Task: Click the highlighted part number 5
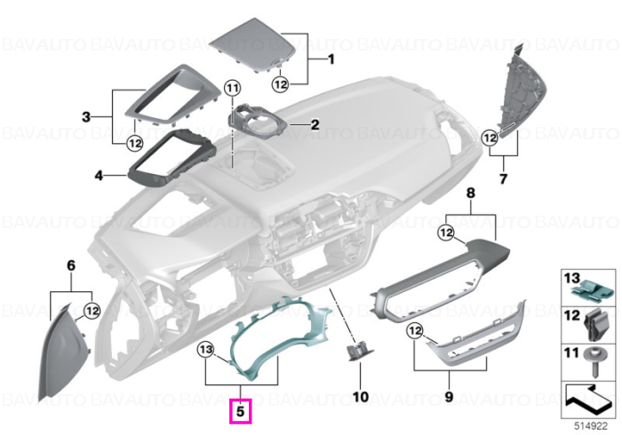pos(241,411)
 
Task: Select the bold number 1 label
pos(331,59)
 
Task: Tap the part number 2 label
pos(315,125)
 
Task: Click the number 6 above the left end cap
pos(71,265)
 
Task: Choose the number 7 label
pos(503,179)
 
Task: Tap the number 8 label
pos(470,194)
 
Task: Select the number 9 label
pos(449,397)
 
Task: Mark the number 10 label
pos(361,397)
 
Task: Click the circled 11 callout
pos(233,88)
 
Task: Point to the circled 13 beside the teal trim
pos(206,350)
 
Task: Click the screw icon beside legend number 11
pos(595,362)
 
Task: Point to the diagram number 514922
pos(591,426)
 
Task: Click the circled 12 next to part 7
pos(490,138)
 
